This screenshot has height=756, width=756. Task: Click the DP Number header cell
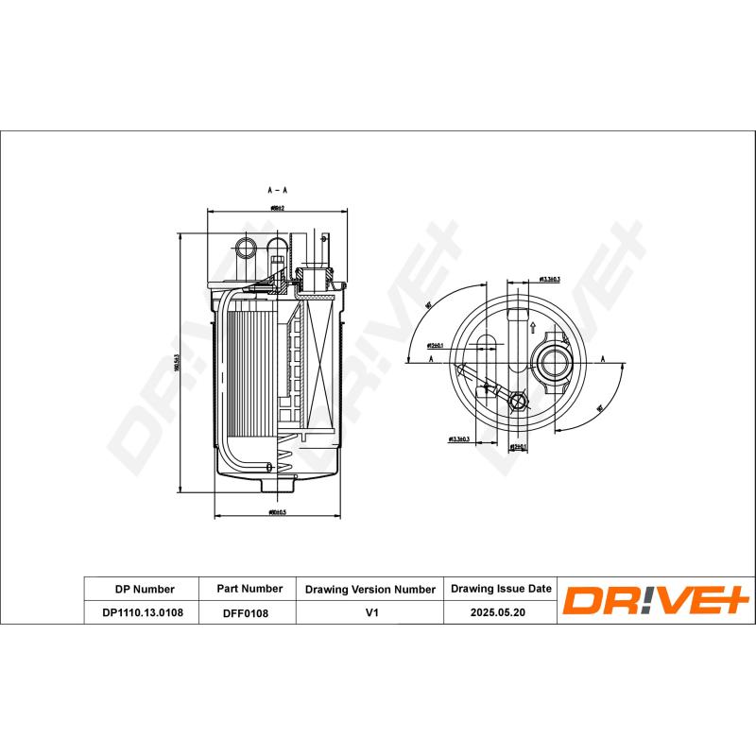(x=143, y=588)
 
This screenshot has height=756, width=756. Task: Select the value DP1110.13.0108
(x=143, y=612)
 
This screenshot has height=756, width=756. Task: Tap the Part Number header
(x=249, y=588)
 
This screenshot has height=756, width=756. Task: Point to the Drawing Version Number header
(x=369, y=588)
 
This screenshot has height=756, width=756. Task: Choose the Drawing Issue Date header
(x=501, y=588)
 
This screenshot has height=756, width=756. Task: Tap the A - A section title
(x=277, y=190)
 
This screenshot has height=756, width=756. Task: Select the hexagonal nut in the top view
(x=517, y=402)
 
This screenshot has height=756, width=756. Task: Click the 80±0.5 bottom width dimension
(x=277, y=513)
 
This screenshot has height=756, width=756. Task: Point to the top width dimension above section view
(x=277, y=207)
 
